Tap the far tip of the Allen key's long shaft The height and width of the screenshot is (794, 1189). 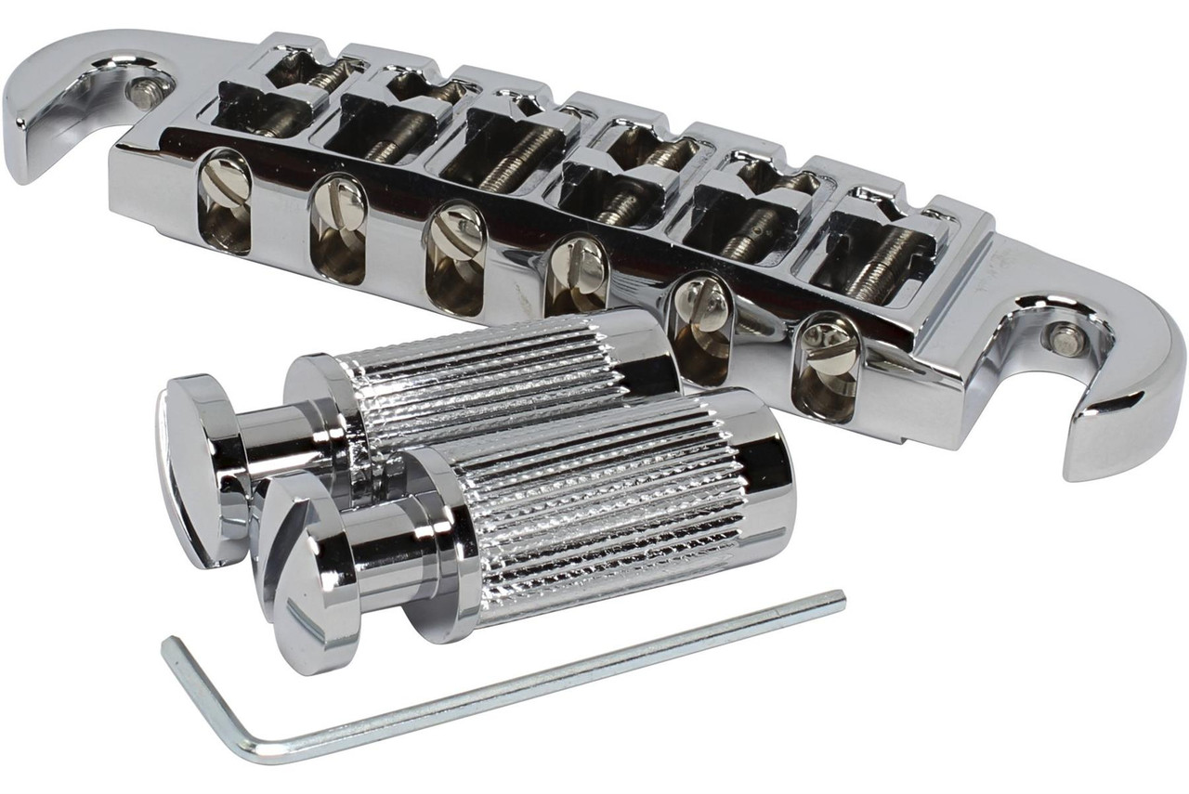coord(839,598)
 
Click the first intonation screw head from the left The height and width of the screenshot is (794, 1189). coord(224,186)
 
